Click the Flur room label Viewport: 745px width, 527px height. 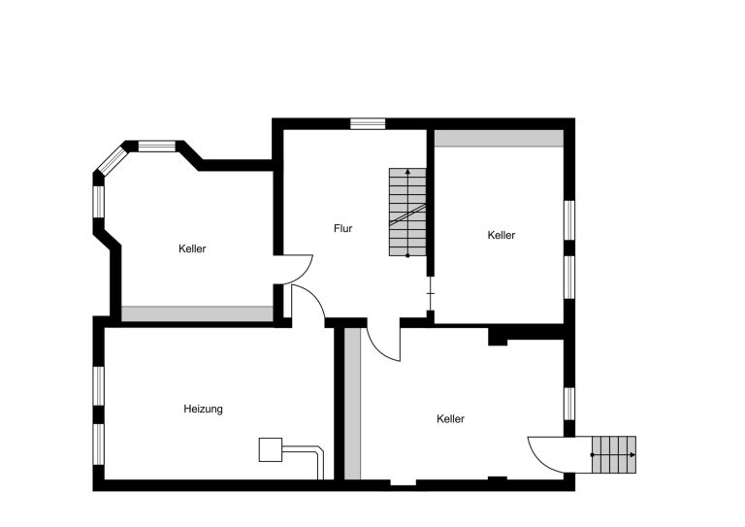342,229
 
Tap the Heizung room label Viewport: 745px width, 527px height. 203,410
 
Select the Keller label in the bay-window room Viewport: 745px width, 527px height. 192,248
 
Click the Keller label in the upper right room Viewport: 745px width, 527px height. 502,235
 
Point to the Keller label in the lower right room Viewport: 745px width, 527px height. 450,419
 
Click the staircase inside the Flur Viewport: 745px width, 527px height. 407,212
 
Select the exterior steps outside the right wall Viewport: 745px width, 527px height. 614,455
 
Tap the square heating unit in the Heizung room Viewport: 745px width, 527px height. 271,449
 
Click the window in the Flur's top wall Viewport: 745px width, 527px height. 368,123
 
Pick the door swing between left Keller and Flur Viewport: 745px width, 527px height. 304,275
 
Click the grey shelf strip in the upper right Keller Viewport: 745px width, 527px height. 499,138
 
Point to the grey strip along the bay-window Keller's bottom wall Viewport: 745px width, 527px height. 197,313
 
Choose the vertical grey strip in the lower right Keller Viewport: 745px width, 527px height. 352,404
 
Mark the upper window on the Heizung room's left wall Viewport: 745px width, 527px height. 98,386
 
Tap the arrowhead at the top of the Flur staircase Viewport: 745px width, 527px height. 407,172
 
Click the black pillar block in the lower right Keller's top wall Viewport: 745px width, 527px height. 498,337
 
